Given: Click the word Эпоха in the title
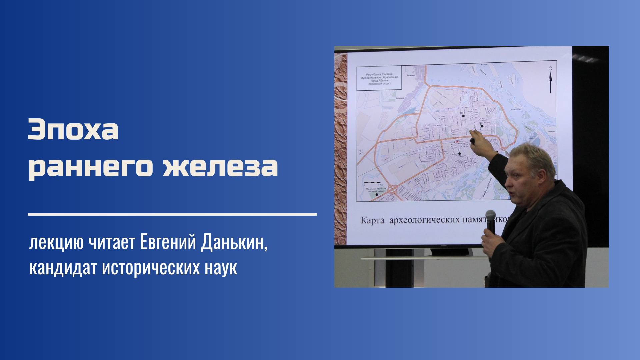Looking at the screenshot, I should pyautogui.click(x=73, y=130).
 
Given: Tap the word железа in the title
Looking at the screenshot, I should pyautogui.click(x=220, y=166).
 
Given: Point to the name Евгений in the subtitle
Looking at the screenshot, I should pyautogui.click(x=168, y=243).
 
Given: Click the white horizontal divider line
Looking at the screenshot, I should pyautogui.click(x=172, y=215).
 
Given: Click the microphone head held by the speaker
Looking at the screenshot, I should pyautogui.click(x=490, y=216).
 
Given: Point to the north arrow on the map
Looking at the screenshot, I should pyautogui.click(x=550, y=82).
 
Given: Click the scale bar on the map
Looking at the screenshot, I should pyautogui.click(x=372, y=183).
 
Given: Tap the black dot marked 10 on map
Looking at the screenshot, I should pyautogui.click(x=463, y=116).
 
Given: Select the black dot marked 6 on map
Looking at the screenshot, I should pyautogui.click(x=459, y=154).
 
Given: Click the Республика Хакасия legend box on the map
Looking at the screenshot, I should pyautogui.click(x=379, y=79).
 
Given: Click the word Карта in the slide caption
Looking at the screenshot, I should pyautogui.click(x=372, y=220).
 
